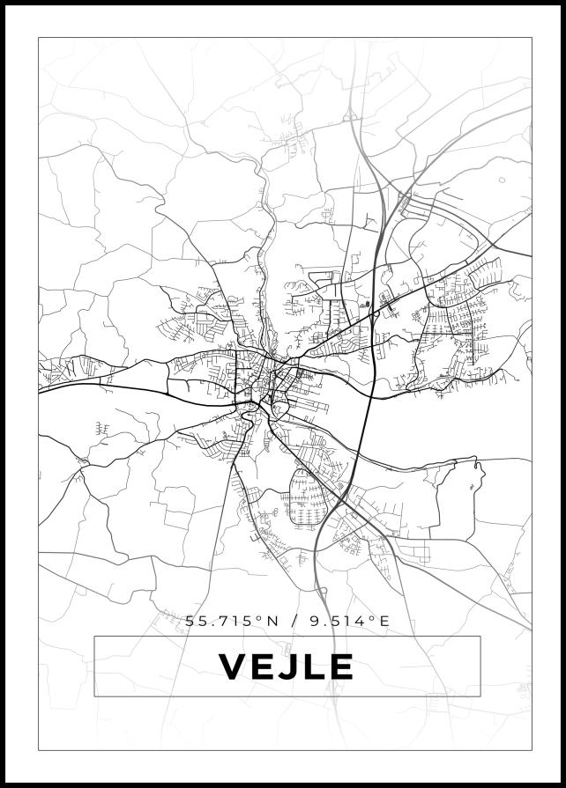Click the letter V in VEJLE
pos(235,666)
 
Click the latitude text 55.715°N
pos(232,621)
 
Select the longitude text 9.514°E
pos(349,621)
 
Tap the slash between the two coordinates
pos(292,621)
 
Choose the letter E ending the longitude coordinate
pos(384,621)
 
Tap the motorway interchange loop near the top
pos(351,114)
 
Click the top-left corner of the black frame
pos(3,3)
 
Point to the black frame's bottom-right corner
pos(563,785)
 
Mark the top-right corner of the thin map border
pos(532,37)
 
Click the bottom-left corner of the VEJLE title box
pos(94,696)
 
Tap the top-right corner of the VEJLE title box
pos(480,636)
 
